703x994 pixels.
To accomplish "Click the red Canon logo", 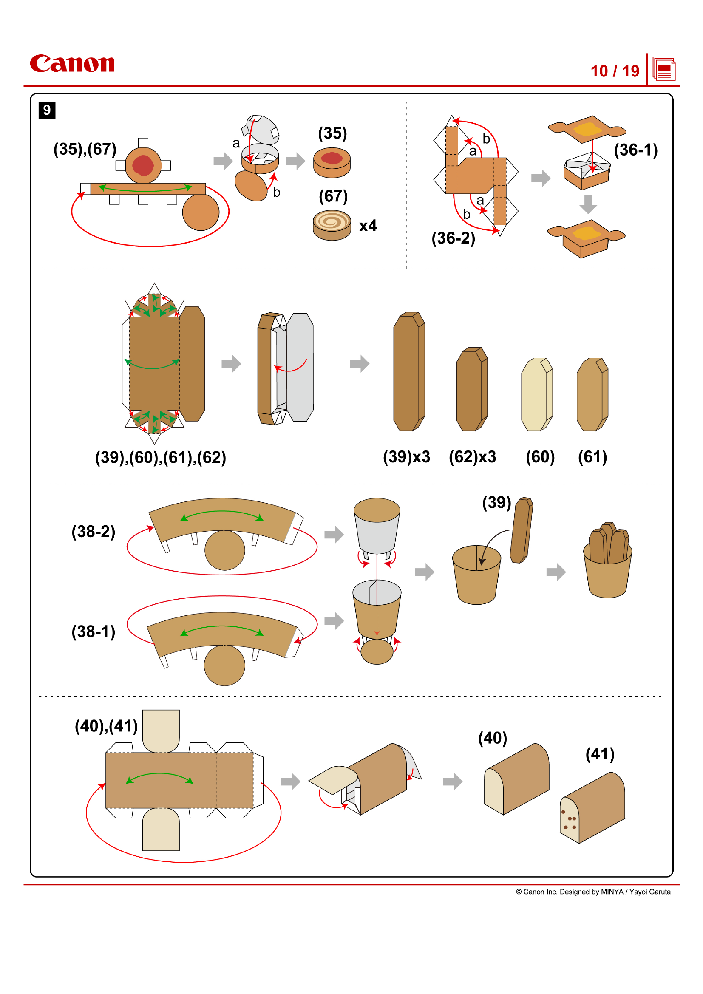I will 72,64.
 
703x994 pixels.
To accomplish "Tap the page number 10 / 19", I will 615,71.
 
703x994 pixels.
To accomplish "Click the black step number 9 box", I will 47,110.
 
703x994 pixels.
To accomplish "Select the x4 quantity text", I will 368,226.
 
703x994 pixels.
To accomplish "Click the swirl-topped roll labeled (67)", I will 332,225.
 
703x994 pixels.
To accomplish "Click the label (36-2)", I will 453,238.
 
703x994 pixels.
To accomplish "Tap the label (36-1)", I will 635,150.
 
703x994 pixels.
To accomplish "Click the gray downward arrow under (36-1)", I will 588,204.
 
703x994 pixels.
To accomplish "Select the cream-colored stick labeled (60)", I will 536,395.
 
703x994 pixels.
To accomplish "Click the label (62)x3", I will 472,457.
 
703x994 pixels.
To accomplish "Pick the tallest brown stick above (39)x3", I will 408,372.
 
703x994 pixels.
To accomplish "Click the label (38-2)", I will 94,532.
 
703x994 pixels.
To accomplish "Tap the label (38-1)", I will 94,632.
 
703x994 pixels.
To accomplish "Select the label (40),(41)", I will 106,726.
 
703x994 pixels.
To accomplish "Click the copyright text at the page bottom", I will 593,892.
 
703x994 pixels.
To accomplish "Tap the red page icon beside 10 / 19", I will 663,69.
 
